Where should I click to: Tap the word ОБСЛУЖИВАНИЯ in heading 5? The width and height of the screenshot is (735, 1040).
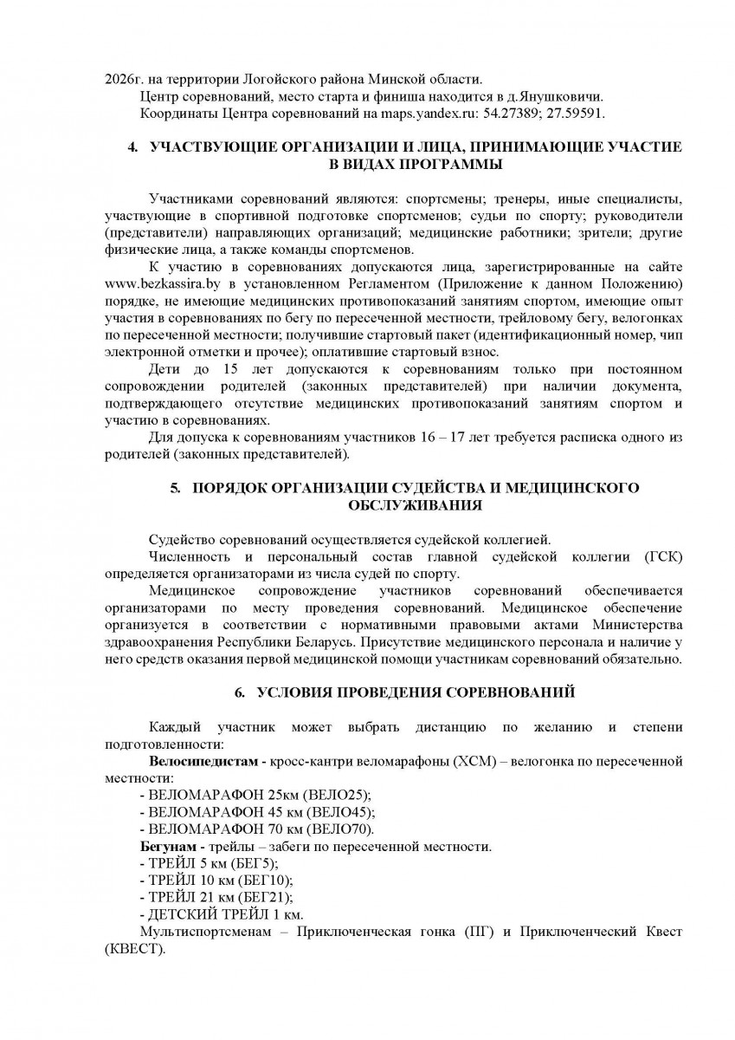pyautogui.click(x=415, y=504)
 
